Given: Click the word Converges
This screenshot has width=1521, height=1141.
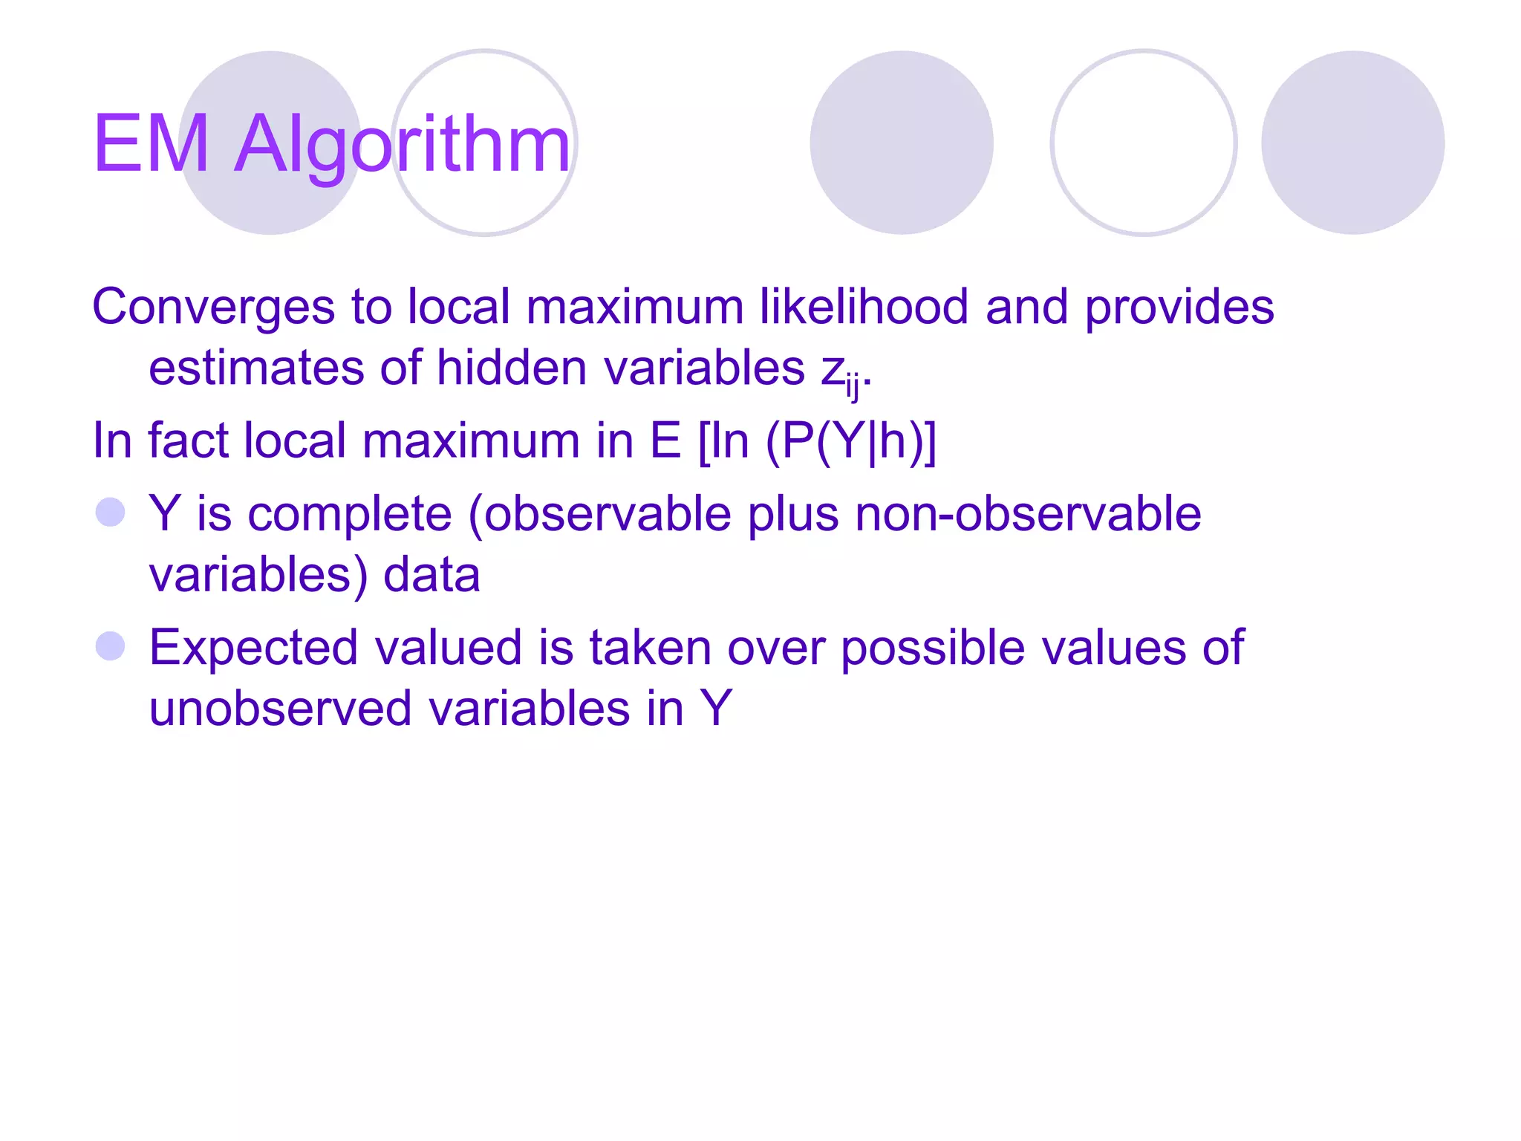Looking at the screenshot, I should point(213,308).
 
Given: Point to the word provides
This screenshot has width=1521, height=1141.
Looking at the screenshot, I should point(1179,308).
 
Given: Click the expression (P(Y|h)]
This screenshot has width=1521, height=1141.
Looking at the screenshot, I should point(851,441).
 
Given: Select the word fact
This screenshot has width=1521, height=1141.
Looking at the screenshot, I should point(188,441).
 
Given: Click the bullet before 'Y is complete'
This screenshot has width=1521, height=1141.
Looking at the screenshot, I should point(111,513).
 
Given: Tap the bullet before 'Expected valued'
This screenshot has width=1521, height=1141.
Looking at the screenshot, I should point(111,646).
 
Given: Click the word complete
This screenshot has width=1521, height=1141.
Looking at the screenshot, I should point(349,515).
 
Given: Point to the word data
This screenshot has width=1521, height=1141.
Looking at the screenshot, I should point(431,575).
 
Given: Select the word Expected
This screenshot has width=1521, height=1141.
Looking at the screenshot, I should point(253,648).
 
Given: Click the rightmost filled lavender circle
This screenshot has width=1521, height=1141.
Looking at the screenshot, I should point(1352,143).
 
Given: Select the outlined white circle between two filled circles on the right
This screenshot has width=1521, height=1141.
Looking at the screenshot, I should point(1143,143).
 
